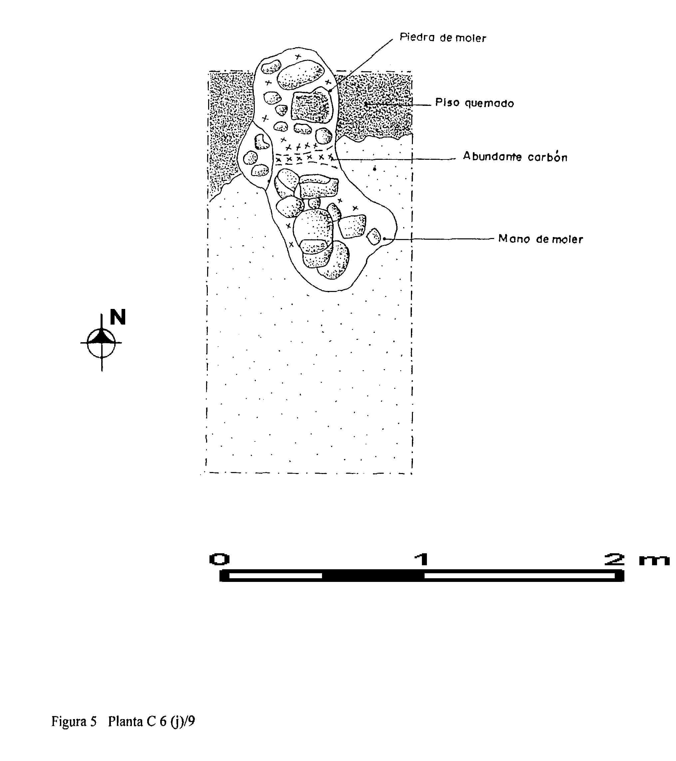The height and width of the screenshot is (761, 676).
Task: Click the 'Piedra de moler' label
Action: [443, 38]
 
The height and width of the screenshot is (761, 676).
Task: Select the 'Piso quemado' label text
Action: [475, 103]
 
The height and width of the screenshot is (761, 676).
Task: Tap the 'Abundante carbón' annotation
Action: [515, 156]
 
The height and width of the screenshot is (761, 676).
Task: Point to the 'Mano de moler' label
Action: [540, 239]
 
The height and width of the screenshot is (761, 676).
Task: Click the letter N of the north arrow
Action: [118, 317]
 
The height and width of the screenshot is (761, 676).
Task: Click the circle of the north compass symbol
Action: [101, 343]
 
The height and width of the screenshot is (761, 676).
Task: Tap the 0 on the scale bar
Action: [220, 559]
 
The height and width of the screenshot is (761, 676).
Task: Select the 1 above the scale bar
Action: [422, 559]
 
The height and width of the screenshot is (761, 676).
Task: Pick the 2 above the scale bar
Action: [614, 559]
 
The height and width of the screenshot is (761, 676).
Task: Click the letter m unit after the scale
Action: [654, 560]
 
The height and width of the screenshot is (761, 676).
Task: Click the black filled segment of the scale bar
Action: [373, 576]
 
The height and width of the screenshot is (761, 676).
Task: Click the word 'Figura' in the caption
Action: [69, 721]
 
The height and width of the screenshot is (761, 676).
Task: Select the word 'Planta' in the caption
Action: [126, 721]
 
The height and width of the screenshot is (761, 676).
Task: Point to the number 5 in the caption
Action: [93, 721]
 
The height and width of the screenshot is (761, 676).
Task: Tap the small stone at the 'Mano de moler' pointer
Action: [374, 236]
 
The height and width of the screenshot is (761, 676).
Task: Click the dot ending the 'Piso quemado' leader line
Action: [366, 105]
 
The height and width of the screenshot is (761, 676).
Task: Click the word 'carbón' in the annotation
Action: [547, 157]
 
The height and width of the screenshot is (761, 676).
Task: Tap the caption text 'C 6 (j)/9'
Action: [170, 721]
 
